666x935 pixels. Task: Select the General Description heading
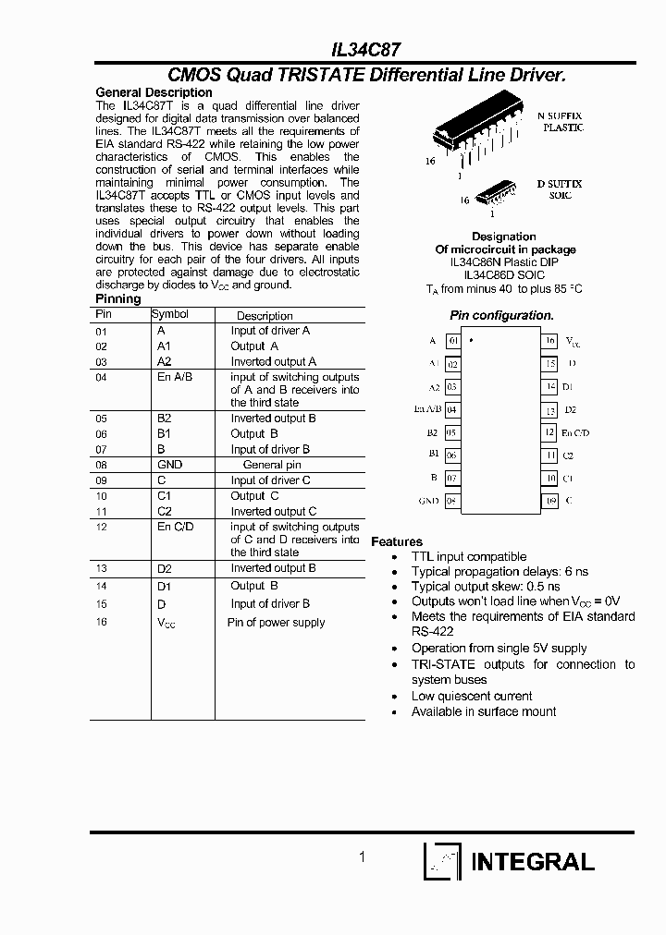154,92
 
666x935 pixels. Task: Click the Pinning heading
118,298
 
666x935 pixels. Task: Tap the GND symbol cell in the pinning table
170,465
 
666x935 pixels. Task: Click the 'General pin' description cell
272,465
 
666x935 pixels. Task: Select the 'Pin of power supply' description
276,623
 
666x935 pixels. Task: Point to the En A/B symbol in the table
175,377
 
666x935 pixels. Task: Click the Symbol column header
170,314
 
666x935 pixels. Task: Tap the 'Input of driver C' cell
270,480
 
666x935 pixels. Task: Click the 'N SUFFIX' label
560,115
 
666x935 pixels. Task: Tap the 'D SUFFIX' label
560,184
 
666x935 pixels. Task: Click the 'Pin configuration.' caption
501,315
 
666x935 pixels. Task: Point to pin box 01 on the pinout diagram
453,341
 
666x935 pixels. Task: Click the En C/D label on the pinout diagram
575,432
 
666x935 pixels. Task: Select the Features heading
397,541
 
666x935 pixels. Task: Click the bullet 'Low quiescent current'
472,696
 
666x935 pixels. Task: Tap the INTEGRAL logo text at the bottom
533,862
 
